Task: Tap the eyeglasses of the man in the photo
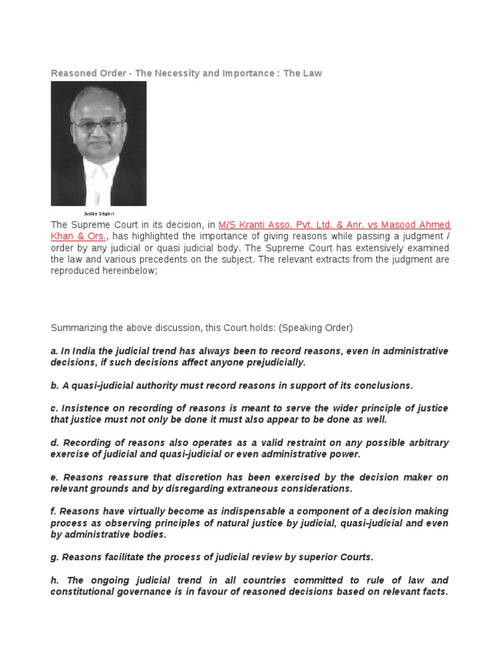click(x=98, y=125)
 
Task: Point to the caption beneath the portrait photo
click(x=98, y=213)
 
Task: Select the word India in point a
click(x=81, y=351)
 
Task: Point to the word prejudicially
click(x=271, y=362)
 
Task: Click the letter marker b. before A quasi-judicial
click(x=55, y=386)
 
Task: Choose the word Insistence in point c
click(x=84, y=409)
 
